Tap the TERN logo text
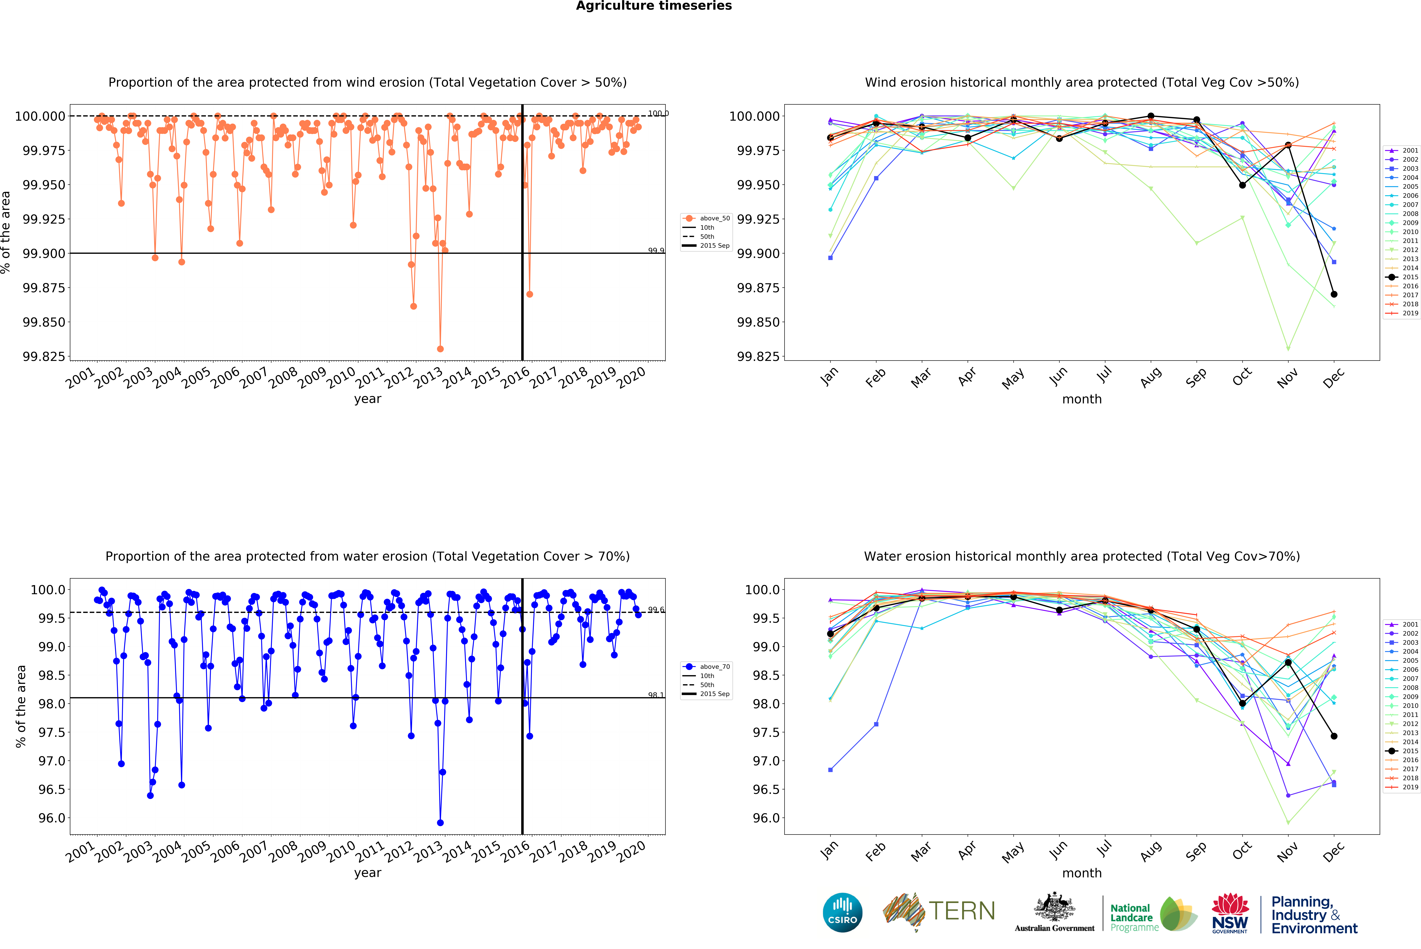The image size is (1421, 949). point(962,911)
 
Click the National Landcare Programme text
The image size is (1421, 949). point(1131,918)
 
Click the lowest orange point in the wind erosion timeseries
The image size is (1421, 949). point(440,349)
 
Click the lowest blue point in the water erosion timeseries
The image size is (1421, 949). point(440,823)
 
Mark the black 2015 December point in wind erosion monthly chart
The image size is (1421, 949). point(1334,294)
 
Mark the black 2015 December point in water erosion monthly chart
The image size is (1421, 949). point(1334,736)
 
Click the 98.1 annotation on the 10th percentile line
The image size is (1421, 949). point(656,695)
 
